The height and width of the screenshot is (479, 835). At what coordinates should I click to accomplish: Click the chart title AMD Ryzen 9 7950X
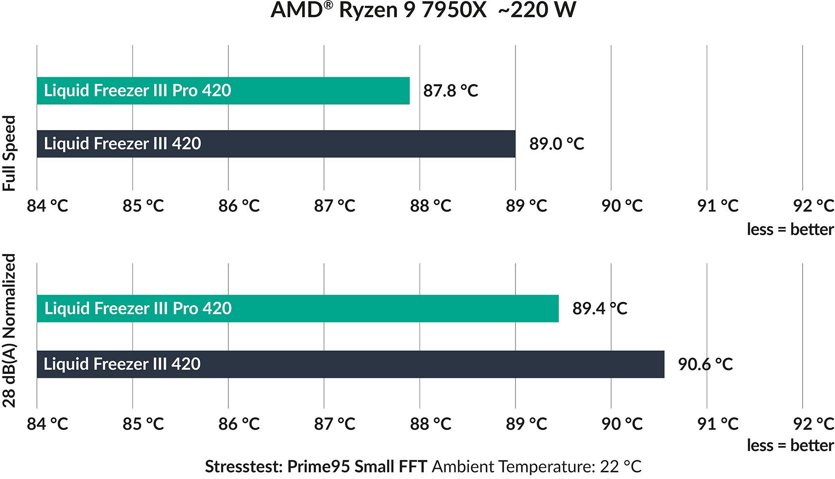point(378,10)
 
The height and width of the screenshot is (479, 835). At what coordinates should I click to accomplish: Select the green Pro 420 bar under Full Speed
point(223,91)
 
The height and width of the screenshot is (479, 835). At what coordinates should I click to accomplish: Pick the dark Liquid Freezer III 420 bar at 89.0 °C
point(276,144)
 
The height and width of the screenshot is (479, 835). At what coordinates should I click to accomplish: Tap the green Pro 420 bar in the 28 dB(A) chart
point(297,309)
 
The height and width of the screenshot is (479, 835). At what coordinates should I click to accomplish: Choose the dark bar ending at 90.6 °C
point(350,364)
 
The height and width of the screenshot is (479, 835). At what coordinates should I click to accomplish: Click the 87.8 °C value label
point(450,91)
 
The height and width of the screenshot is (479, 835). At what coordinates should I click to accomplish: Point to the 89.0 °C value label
point(556,144)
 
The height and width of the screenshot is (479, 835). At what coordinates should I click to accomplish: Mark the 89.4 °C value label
point(599,309)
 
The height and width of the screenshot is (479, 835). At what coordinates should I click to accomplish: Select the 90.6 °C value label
point(705,364)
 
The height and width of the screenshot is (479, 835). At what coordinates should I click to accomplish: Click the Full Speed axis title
point(10,153)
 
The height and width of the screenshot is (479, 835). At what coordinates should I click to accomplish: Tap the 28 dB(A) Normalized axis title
point(10,331)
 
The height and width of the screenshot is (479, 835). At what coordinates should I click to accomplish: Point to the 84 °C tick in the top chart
point(47,206)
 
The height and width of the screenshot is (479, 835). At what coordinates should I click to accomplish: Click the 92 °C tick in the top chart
point(813,206)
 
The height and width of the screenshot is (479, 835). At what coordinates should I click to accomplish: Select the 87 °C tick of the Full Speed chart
point(334,206)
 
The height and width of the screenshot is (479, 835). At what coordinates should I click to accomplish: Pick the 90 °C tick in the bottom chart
point(621,424)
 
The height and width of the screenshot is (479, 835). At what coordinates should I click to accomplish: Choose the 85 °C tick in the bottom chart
point(143,424)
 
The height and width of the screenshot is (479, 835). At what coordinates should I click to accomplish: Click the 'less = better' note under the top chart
point(790,229)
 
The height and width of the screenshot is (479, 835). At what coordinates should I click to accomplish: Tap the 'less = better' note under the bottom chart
point(790,446)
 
